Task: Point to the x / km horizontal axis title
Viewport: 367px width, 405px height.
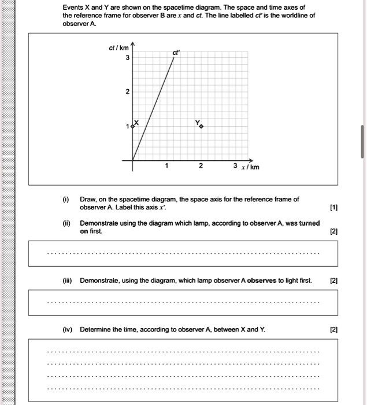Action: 250,167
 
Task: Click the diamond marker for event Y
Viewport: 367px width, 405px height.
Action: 202,126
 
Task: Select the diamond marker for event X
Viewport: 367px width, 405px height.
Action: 133,126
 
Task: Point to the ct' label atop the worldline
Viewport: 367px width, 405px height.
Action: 175,53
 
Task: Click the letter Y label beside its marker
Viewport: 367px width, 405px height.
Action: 197,122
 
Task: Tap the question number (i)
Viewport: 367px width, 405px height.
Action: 66,199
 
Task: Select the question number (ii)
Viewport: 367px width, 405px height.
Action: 66,223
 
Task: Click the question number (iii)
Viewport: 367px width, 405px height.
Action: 67,281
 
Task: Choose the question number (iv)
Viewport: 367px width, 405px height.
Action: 67,329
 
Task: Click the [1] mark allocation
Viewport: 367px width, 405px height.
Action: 332,207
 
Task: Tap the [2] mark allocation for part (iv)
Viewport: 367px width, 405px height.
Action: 332,329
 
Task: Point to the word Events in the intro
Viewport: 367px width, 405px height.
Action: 73,7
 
